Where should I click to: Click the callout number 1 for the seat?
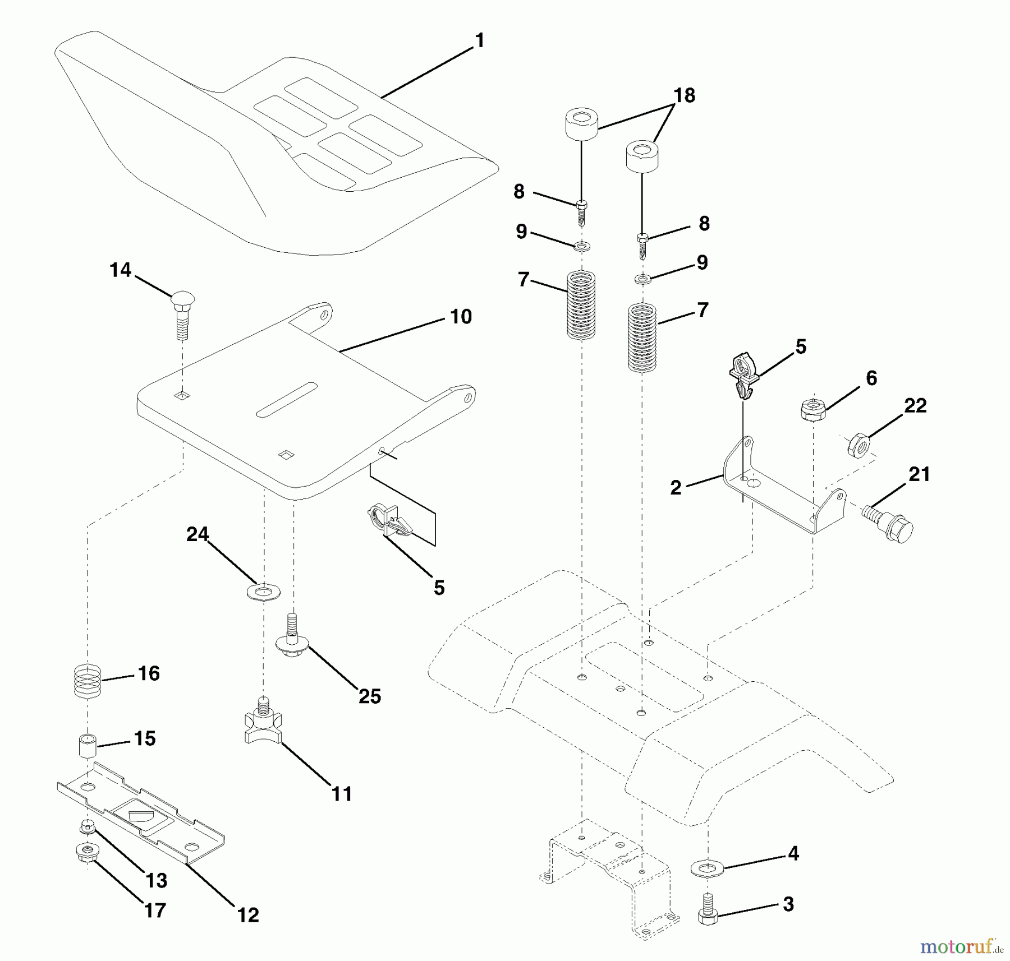pos(479,41)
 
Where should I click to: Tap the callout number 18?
pos(684,96)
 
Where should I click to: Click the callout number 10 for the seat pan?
pos(461,317)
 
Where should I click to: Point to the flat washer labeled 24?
pos(263,591)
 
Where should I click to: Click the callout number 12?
pos(248,914)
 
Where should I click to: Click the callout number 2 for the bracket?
pos(676,487)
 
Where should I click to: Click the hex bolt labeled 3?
pos(708,914)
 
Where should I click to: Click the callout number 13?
pos(156,880)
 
